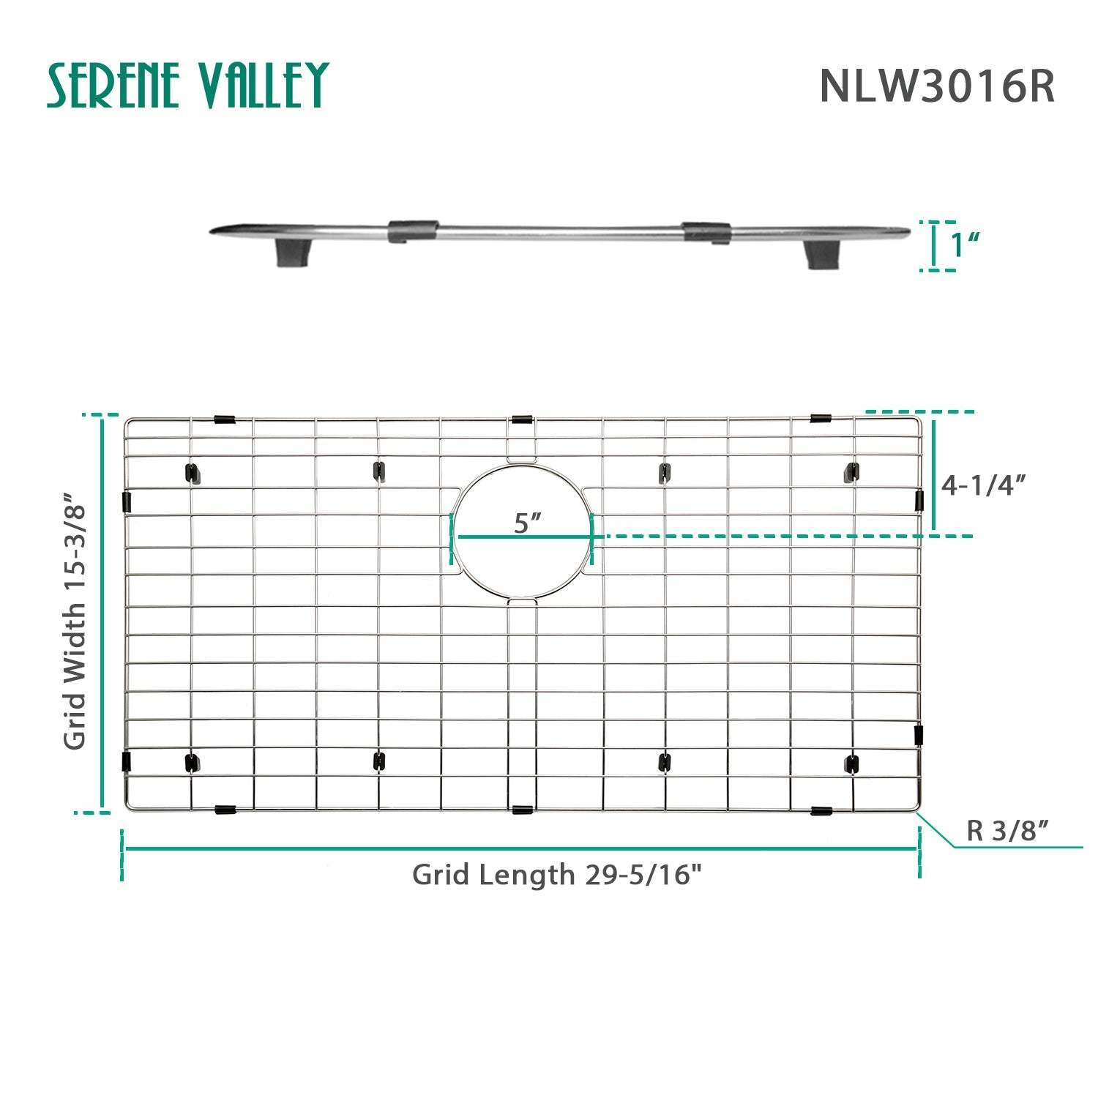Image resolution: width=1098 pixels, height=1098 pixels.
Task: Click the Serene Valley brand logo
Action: (x=187, y=85)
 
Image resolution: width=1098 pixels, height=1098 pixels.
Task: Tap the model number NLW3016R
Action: (x=937, y=86)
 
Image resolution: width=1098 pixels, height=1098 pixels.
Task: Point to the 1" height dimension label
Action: (x=965, y=245)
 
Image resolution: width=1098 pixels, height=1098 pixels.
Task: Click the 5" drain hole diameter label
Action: (x=527, y=523)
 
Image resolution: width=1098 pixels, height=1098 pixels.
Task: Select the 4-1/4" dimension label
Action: (x=983, y=485)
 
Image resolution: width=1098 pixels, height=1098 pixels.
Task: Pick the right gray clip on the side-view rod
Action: (x=706, y=231)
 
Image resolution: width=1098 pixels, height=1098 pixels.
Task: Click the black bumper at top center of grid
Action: (x=522, y=419)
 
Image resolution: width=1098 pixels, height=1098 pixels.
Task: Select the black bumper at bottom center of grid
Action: (x=522, y=810)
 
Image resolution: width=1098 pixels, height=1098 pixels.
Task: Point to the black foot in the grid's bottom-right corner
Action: (x=851, y=763)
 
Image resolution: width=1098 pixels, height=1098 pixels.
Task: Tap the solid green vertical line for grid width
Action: (x=102, y=613)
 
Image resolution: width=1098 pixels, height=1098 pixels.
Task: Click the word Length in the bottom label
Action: (x=543, y=875)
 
